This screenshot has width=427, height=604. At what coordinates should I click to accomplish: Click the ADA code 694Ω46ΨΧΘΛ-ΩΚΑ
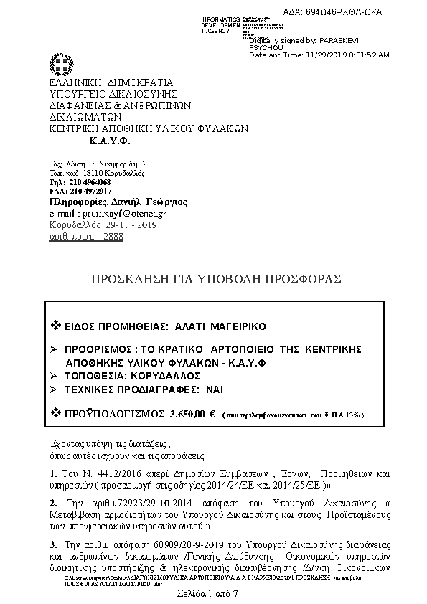343,11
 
